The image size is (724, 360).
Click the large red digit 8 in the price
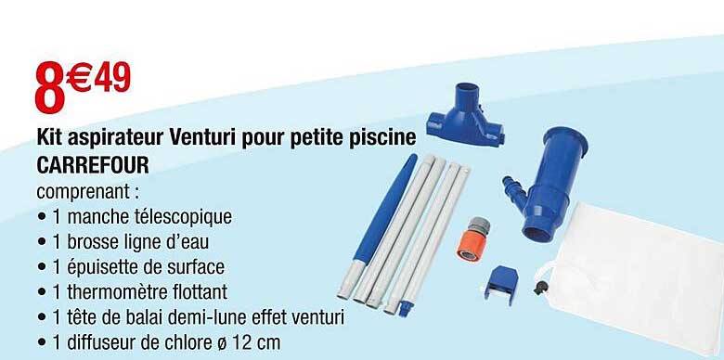coord(50,86)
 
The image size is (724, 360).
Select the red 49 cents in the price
coord(112,77)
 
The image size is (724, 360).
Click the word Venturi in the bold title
coord(203,137)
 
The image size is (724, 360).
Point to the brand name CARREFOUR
coord(93,165)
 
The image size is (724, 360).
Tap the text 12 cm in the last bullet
coord(256,342)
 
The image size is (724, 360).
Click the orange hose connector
coord(472,239)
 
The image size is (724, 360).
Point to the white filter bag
coord(633,276)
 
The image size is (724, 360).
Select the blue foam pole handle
coord(384,209)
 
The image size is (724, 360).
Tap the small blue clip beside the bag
coord(500,284)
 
